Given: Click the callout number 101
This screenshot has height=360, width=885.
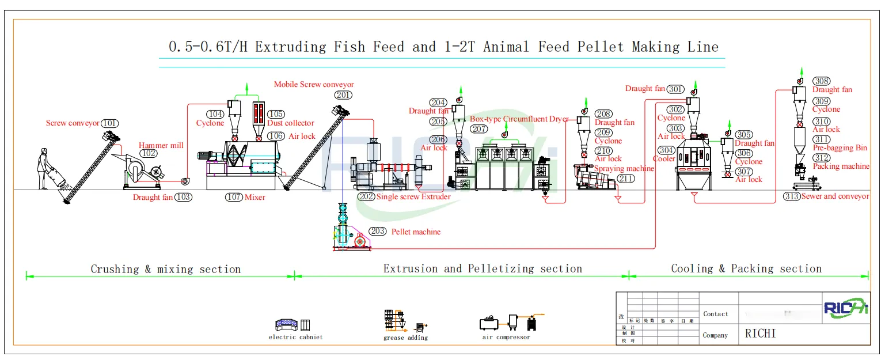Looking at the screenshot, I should [x=109, y=123].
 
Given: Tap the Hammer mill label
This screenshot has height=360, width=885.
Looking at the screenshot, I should [x=161, y=146].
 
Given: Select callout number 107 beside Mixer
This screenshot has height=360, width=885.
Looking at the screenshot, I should [x=234, y=197].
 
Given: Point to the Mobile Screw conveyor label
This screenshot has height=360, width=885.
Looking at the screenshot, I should [x=314, y=85].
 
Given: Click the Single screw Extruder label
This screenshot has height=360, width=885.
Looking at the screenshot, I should [x=413, y=197].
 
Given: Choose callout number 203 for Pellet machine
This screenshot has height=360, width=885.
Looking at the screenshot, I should [x=378, y=232].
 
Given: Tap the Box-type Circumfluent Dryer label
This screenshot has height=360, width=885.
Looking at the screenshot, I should [x=519, y=119].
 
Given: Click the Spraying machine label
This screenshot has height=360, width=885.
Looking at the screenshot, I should [x=624, y=169].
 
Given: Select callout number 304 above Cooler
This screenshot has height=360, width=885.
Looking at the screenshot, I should [x=666, y=150].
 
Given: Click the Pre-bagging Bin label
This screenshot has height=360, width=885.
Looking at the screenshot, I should [x=840, y=148].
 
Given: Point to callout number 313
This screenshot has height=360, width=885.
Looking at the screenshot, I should [x=792, y=196].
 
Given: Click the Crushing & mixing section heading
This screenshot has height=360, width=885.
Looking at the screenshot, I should [x=165, y=269].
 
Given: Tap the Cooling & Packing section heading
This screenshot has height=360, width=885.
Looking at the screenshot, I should [x=746, y=268].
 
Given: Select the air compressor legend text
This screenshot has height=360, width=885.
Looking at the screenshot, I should [x=506, y=337].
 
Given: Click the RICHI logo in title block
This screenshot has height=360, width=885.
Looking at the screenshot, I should [x=845, y=308].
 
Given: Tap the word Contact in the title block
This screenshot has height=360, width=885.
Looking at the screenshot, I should [x=715, y=314].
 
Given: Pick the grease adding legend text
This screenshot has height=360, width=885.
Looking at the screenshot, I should [x=405, y=338].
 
